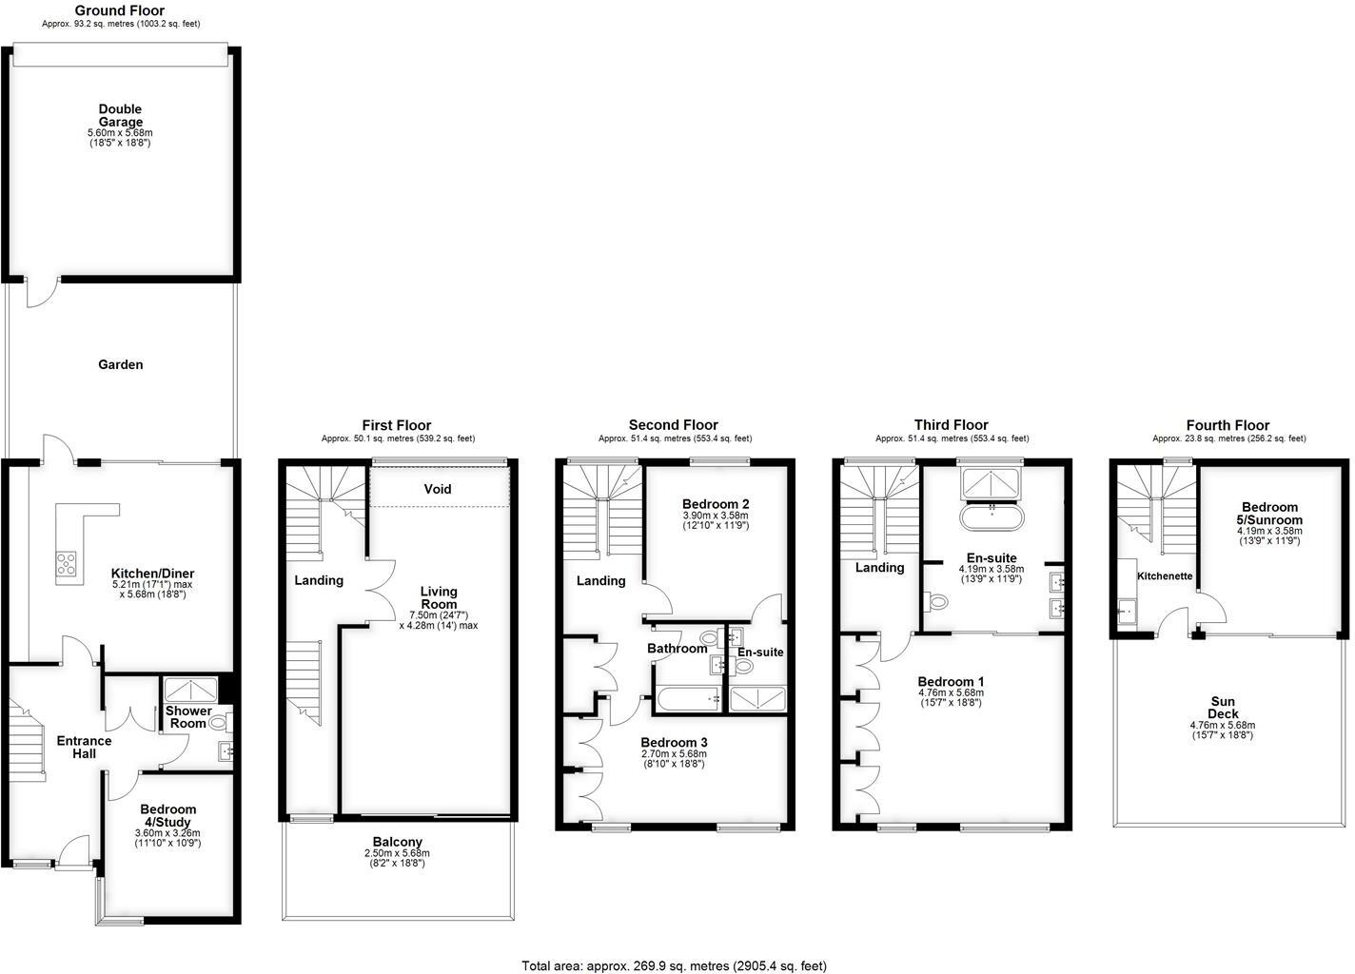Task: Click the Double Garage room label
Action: [x=120, y=115]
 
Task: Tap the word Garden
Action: [x=121, y=364]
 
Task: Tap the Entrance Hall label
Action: [x=84, y=747]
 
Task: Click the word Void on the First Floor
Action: [x=438, y=489]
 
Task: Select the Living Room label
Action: [x=439, y=598]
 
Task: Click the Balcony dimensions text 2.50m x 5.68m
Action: [x=398, y=853]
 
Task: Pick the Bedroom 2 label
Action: [x=716, y=504]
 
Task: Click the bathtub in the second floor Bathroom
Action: [x=688, y=699]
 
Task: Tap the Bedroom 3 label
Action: [x=674, y=742]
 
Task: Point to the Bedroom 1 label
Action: [x=951, y=681]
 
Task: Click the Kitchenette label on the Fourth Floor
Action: [x=1165, y=576]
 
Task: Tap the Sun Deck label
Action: [x=1222, y=708]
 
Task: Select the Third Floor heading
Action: [x=951, y=425]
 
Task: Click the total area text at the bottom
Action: [x=674, y=965]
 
